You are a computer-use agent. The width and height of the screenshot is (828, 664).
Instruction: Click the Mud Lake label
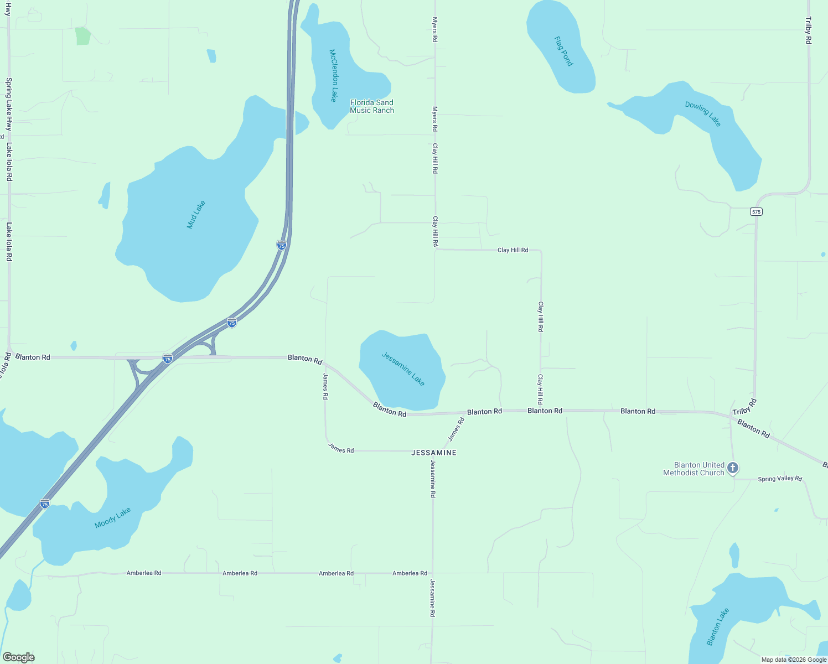click(196, 215)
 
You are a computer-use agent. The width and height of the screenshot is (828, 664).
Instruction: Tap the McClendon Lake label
click(333, 75)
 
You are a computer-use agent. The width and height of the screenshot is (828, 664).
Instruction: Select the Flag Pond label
click(563, 51)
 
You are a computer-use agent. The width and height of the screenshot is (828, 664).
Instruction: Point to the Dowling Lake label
click(703, 113)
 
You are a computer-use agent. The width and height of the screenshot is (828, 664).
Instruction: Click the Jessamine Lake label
click(403, 369)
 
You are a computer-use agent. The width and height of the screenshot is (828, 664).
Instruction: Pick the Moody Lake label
click(112, 518)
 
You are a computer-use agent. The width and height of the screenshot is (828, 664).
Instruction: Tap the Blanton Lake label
click(718, 626)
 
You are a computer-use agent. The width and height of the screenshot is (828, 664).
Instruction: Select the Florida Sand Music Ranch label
click(372, 106)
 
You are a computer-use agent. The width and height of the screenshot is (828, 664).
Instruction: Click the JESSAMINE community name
click(434, 453)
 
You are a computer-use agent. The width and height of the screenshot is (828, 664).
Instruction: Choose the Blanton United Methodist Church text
click(694, 469)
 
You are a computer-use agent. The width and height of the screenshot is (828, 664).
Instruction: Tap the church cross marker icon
click(733, 469)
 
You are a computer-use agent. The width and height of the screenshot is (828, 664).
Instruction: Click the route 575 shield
click(757, 211)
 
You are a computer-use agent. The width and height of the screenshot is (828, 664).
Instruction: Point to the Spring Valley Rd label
click(780, 479)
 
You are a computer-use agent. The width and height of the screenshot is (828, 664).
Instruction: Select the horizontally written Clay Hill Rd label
click(513, 250)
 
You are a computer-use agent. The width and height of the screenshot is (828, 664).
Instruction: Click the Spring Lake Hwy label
click(9, 104)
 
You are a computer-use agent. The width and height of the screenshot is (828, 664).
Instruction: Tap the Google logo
click(19, 657)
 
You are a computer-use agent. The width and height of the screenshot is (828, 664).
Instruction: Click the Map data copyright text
click(794, 660)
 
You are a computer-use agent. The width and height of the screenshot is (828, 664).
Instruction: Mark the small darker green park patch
click(82, 36)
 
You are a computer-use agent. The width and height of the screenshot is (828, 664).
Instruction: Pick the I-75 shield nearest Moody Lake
click(45, 504)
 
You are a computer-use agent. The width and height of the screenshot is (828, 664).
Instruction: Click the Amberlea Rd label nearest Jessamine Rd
click(410, 573)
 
